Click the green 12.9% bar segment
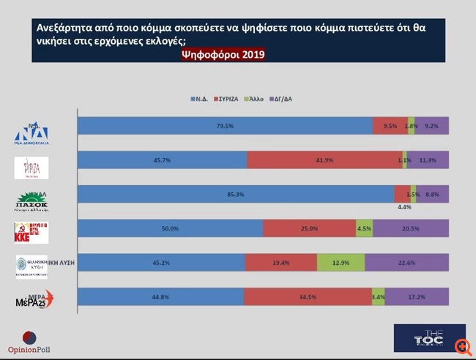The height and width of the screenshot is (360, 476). (341, 262)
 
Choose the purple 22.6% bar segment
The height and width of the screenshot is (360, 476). (407, 262)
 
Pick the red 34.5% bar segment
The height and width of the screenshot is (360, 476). (307, 296)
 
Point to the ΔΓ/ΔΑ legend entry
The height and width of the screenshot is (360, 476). (282, 99)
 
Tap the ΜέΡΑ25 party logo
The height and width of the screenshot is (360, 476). (34, 299)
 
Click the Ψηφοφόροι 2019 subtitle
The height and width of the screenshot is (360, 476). (223, 55)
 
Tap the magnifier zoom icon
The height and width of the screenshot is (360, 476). (461, 345)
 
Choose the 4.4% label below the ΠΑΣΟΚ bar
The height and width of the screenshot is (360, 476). (404, 207)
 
